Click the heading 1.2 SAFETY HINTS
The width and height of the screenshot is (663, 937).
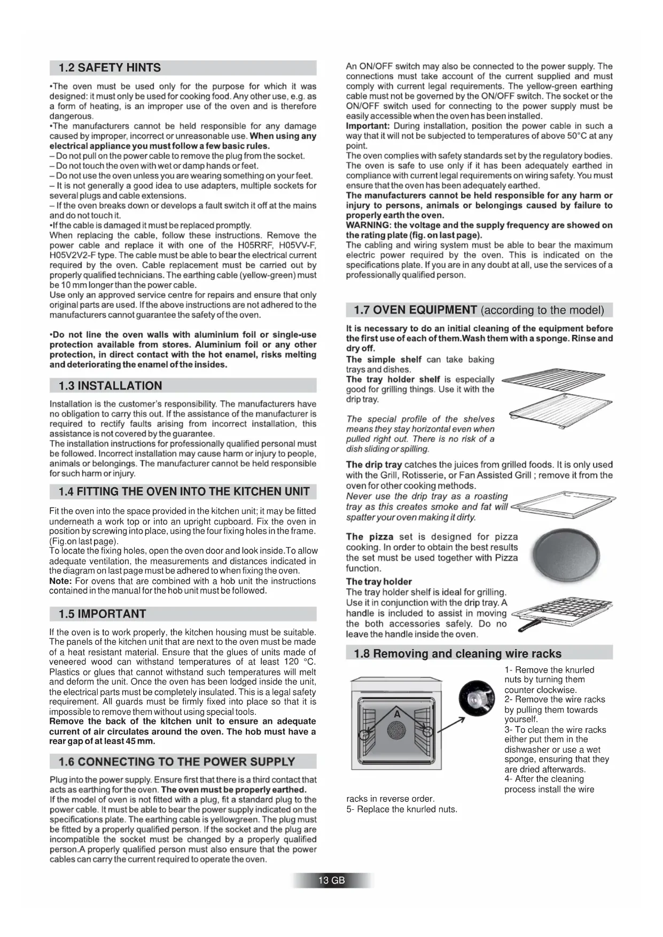point(110,68)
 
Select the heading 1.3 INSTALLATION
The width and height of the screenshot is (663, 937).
point(110,386)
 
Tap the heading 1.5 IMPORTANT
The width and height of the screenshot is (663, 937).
point(102,614)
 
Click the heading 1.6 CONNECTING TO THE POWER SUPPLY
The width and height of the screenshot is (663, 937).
point(176,762)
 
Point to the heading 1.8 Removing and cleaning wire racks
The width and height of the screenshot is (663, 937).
point(457,654)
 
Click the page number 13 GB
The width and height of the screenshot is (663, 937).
point(332,880)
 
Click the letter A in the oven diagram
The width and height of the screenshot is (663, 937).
point(397,714)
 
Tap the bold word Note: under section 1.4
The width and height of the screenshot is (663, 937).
point(60,581)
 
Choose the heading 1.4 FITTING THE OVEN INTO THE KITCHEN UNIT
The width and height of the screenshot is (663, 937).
point(184,491)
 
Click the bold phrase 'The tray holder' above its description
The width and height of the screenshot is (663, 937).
point(379,582)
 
